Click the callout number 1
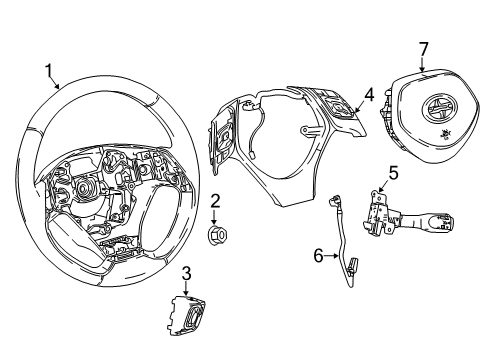(47, 69)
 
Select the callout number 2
(215, 202)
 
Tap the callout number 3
(186, 273)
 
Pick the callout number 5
(393, 173)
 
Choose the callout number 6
(319, 256)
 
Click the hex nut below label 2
(215, 236)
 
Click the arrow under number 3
(186, 288)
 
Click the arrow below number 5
(384, 188)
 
